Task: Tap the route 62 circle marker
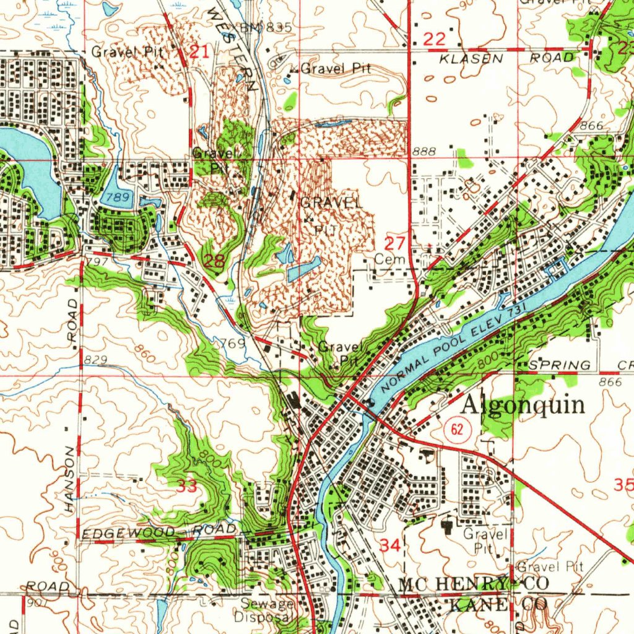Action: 458,428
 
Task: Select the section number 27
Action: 396,243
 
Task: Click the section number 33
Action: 187,486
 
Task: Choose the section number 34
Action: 389,545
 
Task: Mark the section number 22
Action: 435,40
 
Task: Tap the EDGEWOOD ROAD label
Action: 159,531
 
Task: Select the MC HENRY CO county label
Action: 474,584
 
